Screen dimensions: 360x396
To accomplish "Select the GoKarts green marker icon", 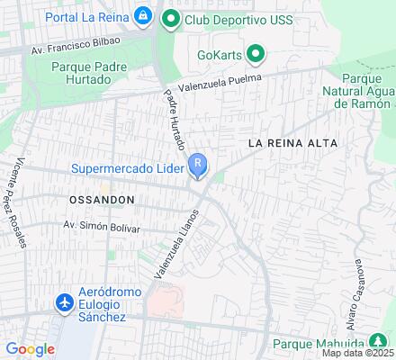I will (256, 54).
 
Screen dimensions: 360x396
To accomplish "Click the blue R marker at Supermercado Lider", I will (198, 165).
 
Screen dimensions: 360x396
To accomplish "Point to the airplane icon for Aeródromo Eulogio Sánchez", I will (64, 304).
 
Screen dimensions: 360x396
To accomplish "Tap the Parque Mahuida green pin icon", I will (378, 341).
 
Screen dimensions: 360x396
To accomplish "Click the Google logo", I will (30, 349).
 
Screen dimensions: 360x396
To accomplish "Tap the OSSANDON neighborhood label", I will (101, 198).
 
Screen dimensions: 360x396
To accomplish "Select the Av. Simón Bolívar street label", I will (101, 227).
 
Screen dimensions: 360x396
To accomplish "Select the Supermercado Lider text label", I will (128, 167).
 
